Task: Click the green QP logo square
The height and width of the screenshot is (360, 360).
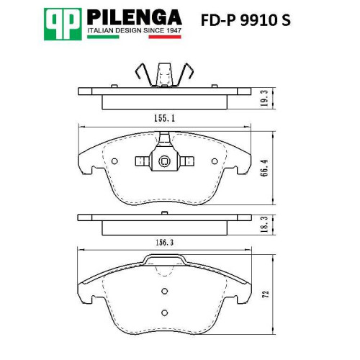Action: (63, 24)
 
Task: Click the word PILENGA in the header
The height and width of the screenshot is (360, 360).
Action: (135, 17)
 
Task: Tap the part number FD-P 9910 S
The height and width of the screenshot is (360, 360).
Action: (246, 20)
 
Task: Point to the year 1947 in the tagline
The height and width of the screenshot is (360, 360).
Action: (174, 31)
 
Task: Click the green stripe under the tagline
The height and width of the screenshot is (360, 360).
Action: (103, 37)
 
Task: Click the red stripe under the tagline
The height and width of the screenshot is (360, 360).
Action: (165, 37)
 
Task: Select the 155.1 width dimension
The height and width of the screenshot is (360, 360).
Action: (164, 118)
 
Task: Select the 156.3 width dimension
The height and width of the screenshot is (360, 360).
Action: (164, 243)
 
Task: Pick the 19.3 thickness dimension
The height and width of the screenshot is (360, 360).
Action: (264, 98)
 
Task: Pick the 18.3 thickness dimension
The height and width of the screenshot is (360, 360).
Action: (264, 224)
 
